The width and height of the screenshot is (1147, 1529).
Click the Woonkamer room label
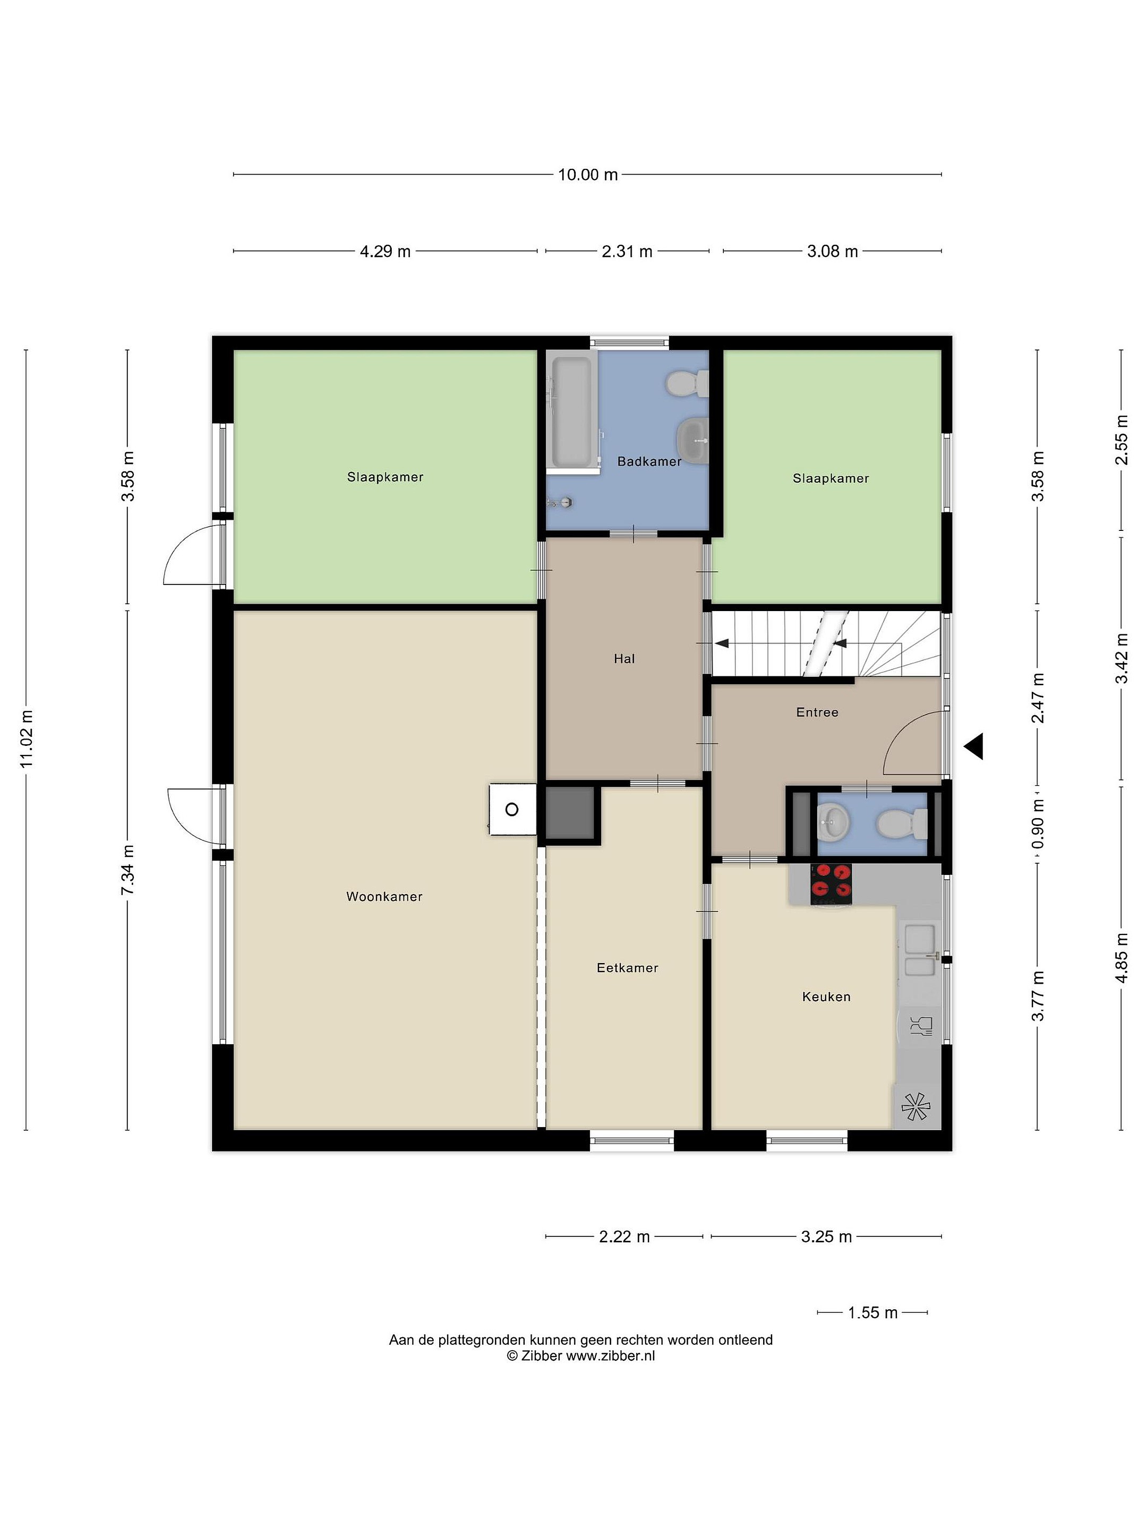[x=384, y=897]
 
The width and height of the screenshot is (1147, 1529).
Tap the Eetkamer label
[x=627, y=968]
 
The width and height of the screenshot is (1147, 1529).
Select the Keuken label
[x=826, y=997]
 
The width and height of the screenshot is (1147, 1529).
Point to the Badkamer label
[x=649, y=461]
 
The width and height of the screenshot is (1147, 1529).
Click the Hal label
[x=624, y=659]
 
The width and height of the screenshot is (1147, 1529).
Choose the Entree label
[x=817, y=712]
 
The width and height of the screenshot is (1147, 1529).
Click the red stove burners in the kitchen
[x=831, y=883]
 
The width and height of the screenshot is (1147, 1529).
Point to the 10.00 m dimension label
[x=588, y=174]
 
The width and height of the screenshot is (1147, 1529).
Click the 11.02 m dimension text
[x=26, y=738]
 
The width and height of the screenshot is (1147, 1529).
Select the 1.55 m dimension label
[x=872, y=1312]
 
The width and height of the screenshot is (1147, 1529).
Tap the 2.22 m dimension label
[x=624, y=1236]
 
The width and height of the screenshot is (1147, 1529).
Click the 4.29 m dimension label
[x=385, y=251]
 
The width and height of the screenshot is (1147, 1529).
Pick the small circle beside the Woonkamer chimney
[x=511, y=810]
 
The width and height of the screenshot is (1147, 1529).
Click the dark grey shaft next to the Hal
[x=570, y=813]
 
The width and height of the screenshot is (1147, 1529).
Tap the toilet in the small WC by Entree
[x=902, y=824]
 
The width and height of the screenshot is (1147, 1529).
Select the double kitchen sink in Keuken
[x=920, y=950]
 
